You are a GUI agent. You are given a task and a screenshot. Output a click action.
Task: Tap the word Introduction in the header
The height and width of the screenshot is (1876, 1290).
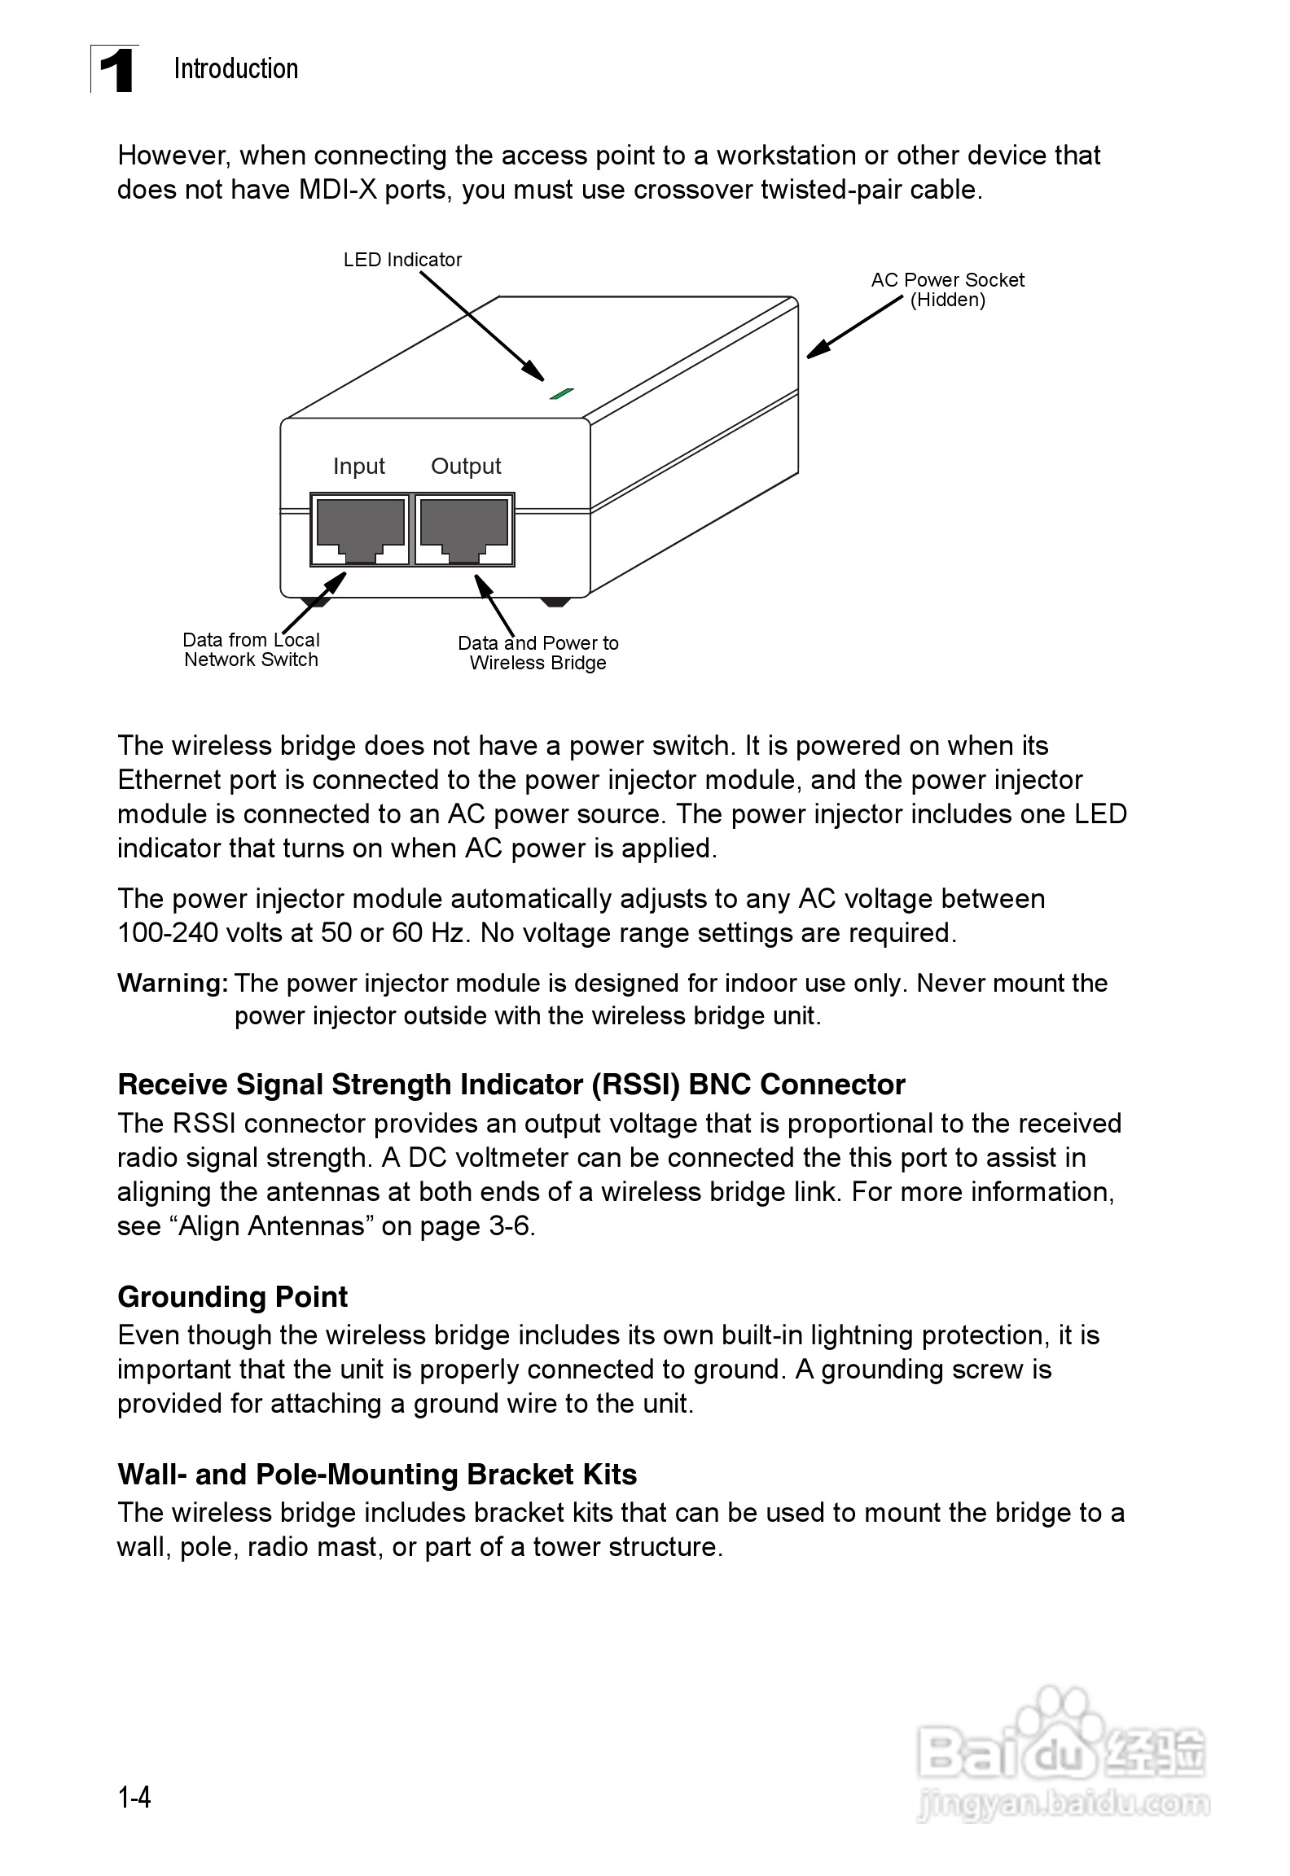pyautogui.click(x=235, y=69)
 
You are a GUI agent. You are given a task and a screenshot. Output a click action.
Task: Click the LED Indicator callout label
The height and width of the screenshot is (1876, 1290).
pyautogui.click(x=402, y=260)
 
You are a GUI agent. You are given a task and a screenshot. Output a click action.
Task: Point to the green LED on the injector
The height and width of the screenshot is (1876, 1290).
pyautogui.click(x=562, y=394)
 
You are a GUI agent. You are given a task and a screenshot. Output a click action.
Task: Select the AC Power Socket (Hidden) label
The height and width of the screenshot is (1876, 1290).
pyautogui.click(x=947, y=290)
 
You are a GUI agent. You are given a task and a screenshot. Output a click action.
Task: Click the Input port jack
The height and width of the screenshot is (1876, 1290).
pyautogui.click(x=360, y=528)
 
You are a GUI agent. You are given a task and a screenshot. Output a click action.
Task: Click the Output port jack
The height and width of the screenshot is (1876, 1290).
pyautogui.click(x=464, y=528)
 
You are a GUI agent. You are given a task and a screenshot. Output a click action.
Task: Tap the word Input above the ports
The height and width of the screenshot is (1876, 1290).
pyautogui.click(x=358, y=466)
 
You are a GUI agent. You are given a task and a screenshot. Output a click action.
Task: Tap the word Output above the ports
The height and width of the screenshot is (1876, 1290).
pyautogui.click(x=466, y=466)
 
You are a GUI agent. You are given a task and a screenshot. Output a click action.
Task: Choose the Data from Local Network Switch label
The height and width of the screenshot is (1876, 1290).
pyautogui.click(x=251, y=650)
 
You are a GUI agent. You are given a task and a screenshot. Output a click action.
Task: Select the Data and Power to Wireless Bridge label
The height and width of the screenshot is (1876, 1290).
pyautogui.click(x=537, y=653)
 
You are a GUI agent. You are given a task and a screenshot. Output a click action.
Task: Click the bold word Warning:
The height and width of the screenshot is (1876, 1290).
pyautogui.click(x=173, y=984)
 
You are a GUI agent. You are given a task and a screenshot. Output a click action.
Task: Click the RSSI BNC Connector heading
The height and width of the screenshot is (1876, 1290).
pyautogui.click(x=511, y=1085)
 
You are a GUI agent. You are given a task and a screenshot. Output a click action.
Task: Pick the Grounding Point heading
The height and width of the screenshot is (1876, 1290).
pyautogui.click(x=232, y=1296)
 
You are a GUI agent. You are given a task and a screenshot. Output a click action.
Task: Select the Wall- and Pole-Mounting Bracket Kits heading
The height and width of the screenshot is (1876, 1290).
pyautogui.click(x=377, y=1475)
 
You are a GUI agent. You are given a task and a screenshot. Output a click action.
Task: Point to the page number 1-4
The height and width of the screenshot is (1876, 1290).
pyautogui.click(x=134, y=1797)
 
